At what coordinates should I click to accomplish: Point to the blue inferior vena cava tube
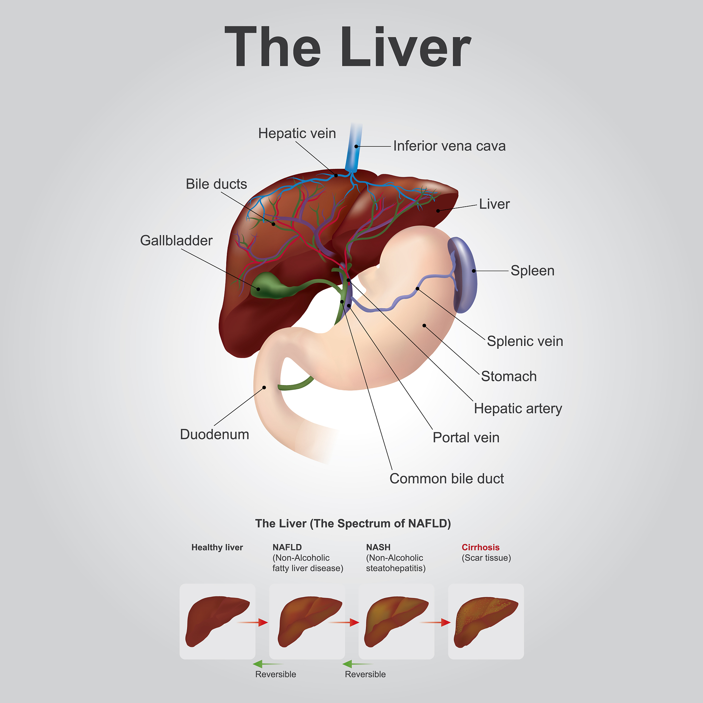tap(354, 149)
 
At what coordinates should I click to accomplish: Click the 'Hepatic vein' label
tap(297, 134)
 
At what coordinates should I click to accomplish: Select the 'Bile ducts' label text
tap(216, 184)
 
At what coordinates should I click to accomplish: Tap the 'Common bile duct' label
tap(447, 479)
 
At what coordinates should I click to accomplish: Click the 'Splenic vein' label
tap(525, 341)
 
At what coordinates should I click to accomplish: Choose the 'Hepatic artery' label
tap(518, 408)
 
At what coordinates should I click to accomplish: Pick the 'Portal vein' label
tap(466, 437)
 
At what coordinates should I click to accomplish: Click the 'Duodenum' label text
tap(214, 435)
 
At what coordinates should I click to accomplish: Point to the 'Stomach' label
tap(509, 376)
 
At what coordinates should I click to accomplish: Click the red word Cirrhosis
tap(480, 547)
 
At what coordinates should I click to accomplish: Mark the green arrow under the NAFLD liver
tap(267, 664)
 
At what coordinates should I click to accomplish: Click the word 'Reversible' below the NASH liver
tap(365, 674)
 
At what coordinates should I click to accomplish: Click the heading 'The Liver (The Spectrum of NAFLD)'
tap(353, 523)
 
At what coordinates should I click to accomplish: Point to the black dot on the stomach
tap(424, 326)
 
